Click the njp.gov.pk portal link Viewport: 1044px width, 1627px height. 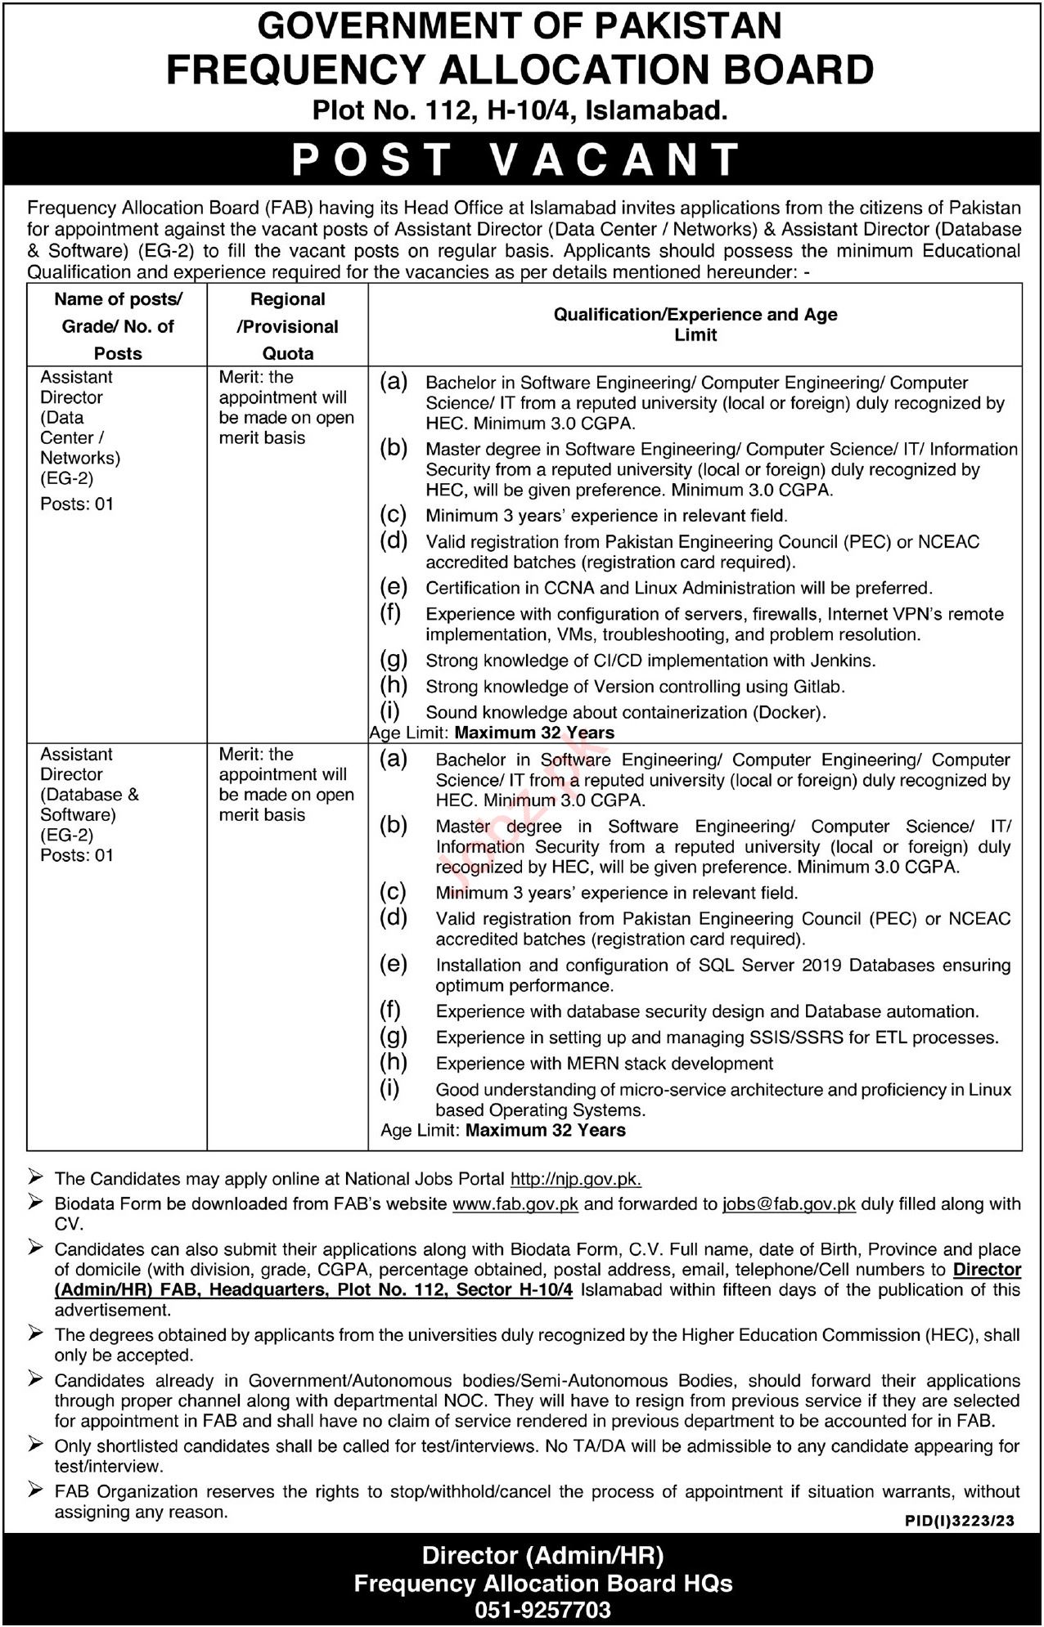tap(575, 1179)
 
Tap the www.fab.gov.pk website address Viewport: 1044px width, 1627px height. tap(515, 1203)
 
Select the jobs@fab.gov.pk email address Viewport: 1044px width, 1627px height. tap(789, 1203)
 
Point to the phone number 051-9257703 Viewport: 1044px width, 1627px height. tap(542, 1610)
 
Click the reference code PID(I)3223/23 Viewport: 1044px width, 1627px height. tap(960, 1520)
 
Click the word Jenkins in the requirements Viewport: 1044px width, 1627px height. tap(847, 660)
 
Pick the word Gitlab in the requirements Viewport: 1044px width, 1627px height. tap(817, 686)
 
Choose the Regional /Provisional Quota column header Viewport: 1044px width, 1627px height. tap(287, 326)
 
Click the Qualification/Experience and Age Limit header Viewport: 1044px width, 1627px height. tap(695, 325)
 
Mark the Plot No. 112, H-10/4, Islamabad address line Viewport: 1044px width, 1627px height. tap(520, 110)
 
